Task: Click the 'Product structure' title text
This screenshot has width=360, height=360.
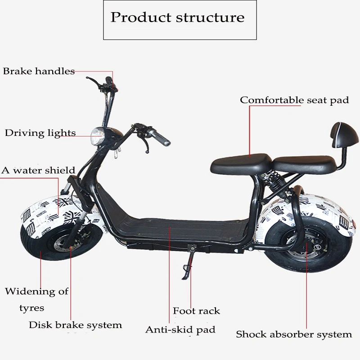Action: point(178,18)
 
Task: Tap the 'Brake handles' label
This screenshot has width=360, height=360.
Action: point(39,71)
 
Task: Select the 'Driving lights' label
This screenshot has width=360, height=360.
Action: point(40,133)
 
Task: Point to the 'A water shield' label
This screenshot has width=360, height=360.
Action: point(38,171)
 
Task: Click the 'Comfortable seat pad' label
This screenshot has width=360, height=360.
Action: point(294,100)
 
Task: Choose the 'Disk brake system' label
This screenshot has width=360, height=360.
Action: point(75,324)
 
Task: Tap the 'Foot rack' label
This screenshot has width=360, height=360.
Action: point(196,311)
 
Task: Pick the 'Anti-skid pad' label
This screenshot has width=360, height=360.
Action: point(180,330)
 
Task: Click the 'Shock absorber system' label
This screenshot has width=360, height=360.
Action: point(294,334)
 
